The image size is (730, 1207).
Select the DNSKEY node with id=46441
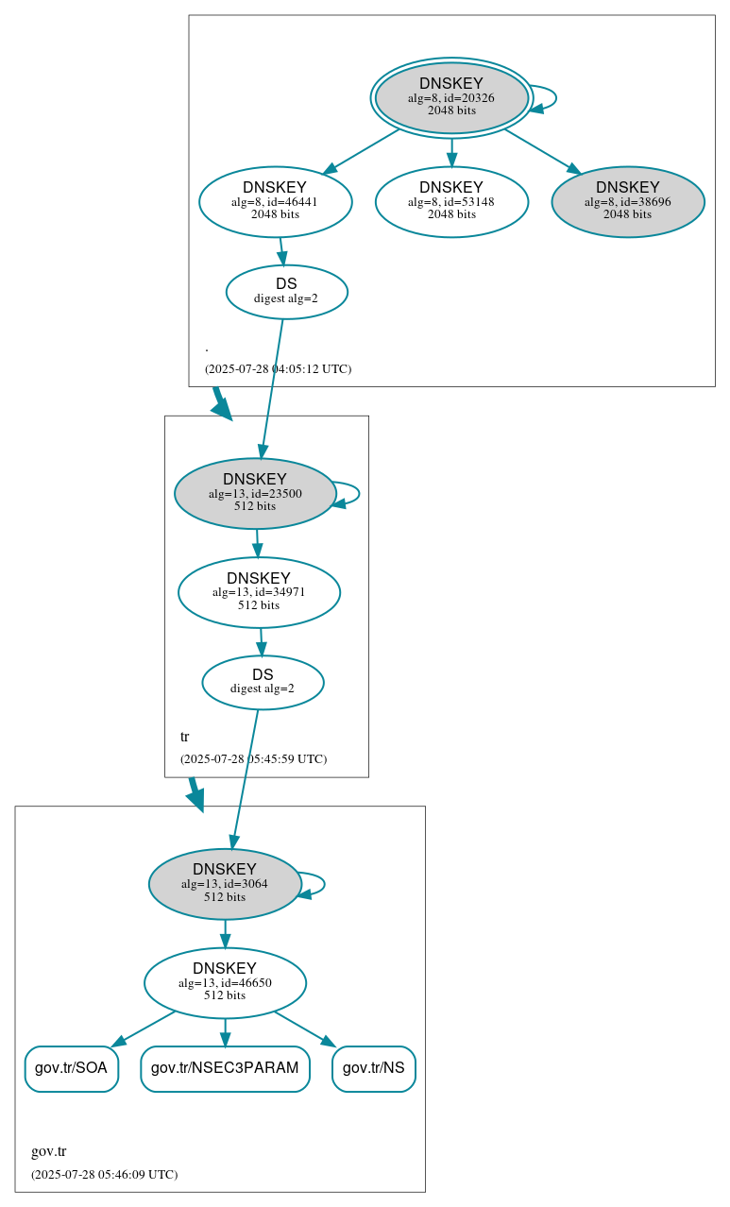(276, 201)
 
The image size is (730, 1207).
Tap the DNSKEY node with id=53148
(451, 201)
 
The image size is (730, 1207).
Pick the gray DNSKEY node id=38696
(628, 201)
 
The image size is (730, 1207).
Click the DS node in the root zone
(287, 292)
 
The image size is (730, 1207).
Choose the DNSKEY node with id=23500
(255, 493)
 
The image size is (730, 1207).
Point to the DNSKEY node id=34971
(259, 592)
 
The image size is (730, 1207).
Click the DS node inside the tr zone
(263, 682)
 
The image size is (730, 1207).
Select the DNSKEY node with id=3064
(225, 883)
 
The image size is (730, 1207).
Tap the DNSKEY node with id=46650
(225, 982)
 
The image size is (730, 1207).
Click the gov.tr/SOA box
(72, 1068)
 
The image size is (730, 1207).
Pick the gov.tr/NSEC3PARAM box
(225, 1068)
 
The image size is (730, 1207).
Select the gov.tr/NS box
(374, 1068)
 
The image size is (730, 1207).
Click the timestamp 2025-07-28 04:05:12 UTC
(278, 368)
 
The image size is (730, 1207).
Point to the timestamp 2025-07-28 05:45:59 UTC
(253, 758)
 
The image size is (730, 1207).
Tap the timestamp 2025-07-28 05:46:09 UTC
(104, 1174)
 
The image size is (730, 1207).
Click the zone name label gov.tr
(49, 1151)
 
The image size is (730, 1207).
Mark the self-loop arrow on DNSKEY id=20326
(554, 98)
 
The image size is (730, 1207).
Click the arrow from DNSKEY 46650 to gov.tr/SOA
(144, 1028)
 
